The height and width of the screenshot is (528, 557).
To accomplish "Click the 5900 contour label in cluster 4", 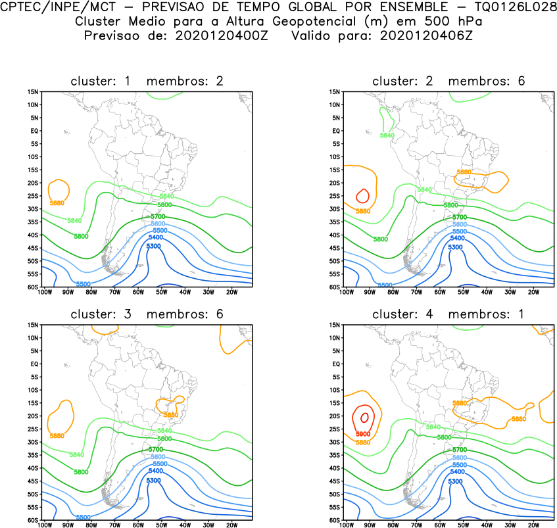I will point(363,435).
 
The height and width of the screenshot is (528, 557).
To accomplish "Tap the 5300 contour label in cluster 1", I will point(153,246).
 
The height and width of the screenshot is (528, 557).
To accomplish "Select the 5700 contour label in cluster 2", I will point(459,217).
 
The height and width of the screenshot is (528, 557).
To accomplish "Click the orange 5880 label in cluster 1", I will point(57,203).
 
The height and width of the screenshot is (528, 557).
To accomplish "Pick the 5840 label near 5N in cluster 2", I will point(387,135).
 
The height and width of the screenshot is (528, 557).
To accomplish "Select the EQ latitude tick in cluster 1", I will point(35,131).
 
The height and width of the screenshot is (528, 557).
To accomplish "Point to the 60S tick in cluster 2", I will point(333,287).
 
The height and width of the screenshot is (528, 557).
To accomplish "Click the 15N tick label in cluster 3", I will point(34,325).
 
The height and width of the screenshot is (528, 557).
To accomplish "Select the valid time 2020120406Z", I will point(426,35).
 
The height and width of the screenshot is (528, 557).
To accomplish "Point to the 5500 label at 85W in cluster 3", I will point(83,517).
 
